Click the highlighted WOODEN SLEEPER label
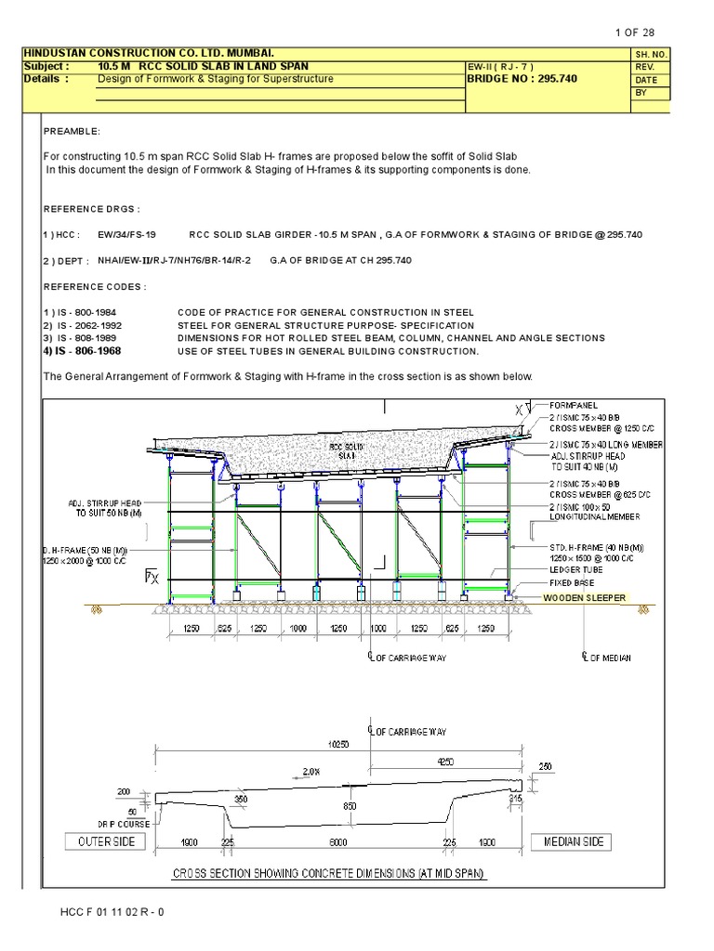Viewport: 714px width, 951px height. point(585,598)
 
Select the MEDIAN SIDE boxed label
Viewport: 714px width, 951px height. point(573,841)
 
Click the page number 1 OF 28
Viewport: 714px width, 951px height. point(635,33)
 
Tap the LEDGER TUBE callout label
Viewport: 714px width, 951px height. point(576,570)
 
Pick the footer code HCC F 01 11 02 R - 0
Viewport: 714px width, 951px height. point(112,911)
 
